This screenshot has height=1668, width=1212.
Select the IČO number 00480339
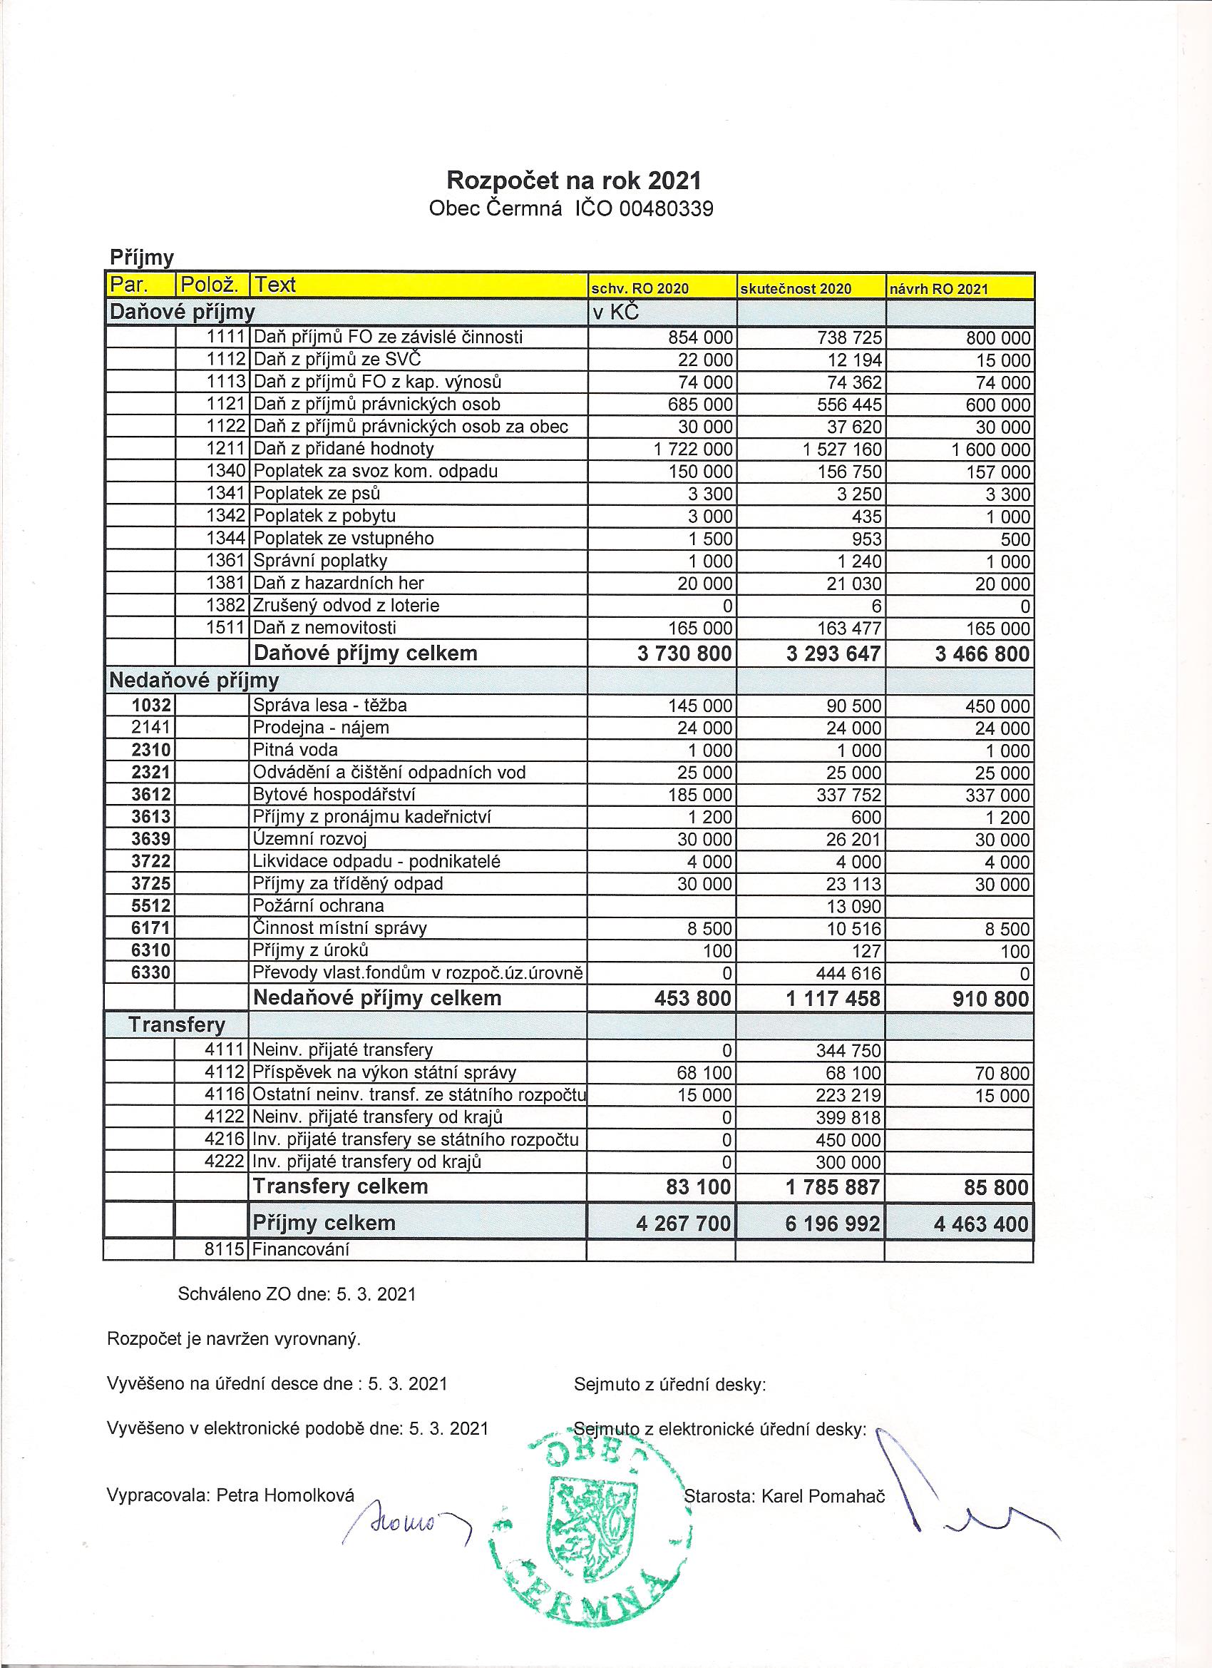coord(667,210)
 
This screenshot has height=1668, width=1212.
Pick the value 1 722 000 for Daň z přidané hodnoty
coord(693,449)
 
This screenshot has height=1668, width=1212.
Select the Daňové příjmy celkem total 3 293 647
coord(833,654)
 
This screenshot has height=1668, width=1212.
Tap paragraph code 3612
coord(151,795)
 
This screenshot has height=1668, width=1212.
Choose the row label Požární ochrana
coord(318,906)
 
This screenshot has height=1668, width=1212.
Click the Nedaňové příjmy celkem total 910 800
coord(982,999)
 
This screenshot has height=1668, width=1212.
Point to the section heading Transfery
coord(176,1025)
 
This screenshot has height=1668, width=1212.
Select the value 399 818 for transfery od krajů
coord(848,1118)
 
